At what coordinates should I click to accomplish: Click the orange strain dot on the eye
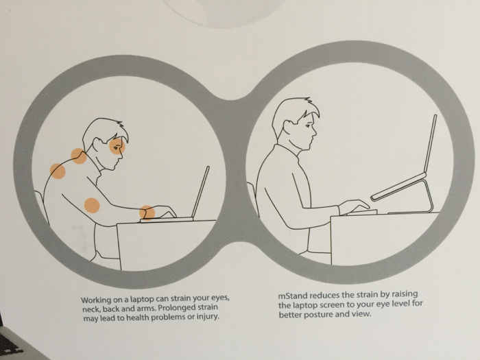(x=117, y=145)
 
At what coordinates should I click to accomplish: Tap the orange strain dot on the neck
(x=79, y=156)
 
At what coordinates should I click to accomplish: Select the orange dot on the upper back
(x=58, y=171)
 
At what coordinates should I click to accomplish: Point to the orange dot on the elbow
(x=92, y=206)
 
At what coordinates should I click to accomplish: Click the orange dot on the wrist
(x=147, y=213)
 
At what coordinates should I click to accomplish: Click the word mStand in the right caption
(x=293, y=296)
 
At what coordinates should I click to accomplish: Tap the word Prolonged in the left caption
(x=173, y=307)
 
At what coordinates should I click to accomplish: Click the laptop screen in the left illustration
(x=200, y=192)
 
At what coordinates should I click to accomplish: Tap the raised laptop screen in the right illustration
(x=429, y=143)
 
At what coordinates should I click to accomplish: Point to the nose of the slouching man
(x=121, y=154)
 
